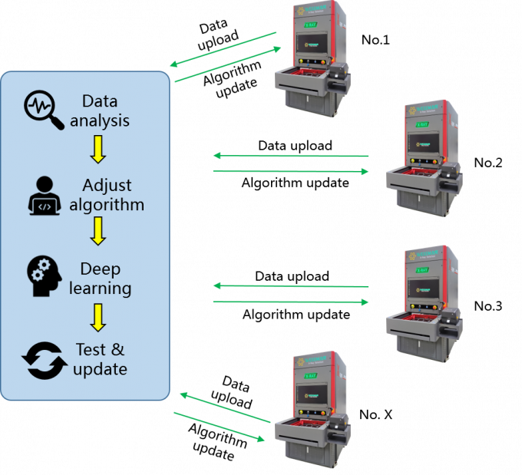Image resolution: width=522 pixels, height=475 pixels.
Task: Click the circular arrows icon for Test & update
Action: (x=44, y=360)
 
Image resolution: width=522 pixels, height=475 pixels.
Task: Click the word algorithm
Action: (x=107, y=205)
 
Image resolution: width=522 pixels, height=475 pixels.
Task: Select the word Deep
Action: (x=100, y=269)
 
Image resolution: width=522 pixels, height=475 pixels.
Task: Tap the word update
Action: (x=100, y=369)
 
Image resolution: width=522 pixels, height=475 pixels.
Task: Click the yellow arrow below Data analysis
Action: (x=97, y=149)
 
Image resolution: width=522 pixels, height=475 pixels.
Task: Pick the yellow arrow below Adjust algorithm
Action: (x=97, y=230)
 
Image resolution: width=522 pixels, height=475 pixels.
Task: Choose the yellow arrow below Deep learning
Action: (x=97, y=317)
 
